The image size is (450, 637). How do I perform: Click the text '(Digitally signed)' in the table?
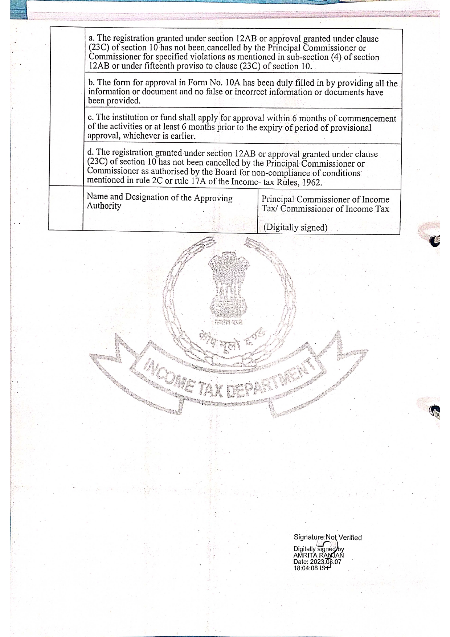coord(295,228)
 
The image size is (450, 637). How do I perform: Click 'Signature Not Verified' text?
coord(327,538)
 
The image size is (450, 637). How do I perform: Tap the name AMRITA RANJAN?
coord(318,555)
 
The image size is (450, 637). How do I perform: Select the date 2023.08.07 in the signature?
coord(324,562)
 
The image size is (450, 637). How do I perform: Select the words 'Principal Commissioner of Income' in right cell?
coord(325,200)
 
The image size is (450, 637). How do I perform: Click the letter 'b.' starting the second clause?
coord(92,83)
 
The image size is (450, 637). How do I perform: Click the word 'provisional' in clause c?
coord(351,128)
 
